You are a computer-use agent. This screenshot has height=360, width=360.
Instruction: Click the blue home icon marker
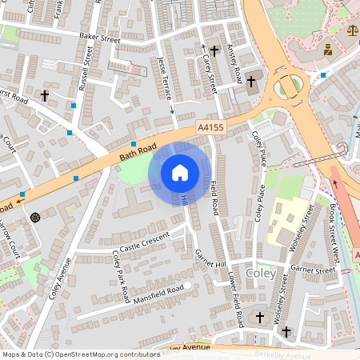coord(180,173)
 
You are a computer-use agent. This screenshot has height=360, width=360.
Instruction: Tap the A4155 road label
coord(210,126)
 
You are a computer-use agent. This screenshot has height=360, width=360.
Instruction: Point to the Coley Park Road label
coord(122,277)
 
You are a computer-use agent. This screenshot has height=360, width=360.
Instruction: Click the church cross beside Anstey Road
coord(250,81)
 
